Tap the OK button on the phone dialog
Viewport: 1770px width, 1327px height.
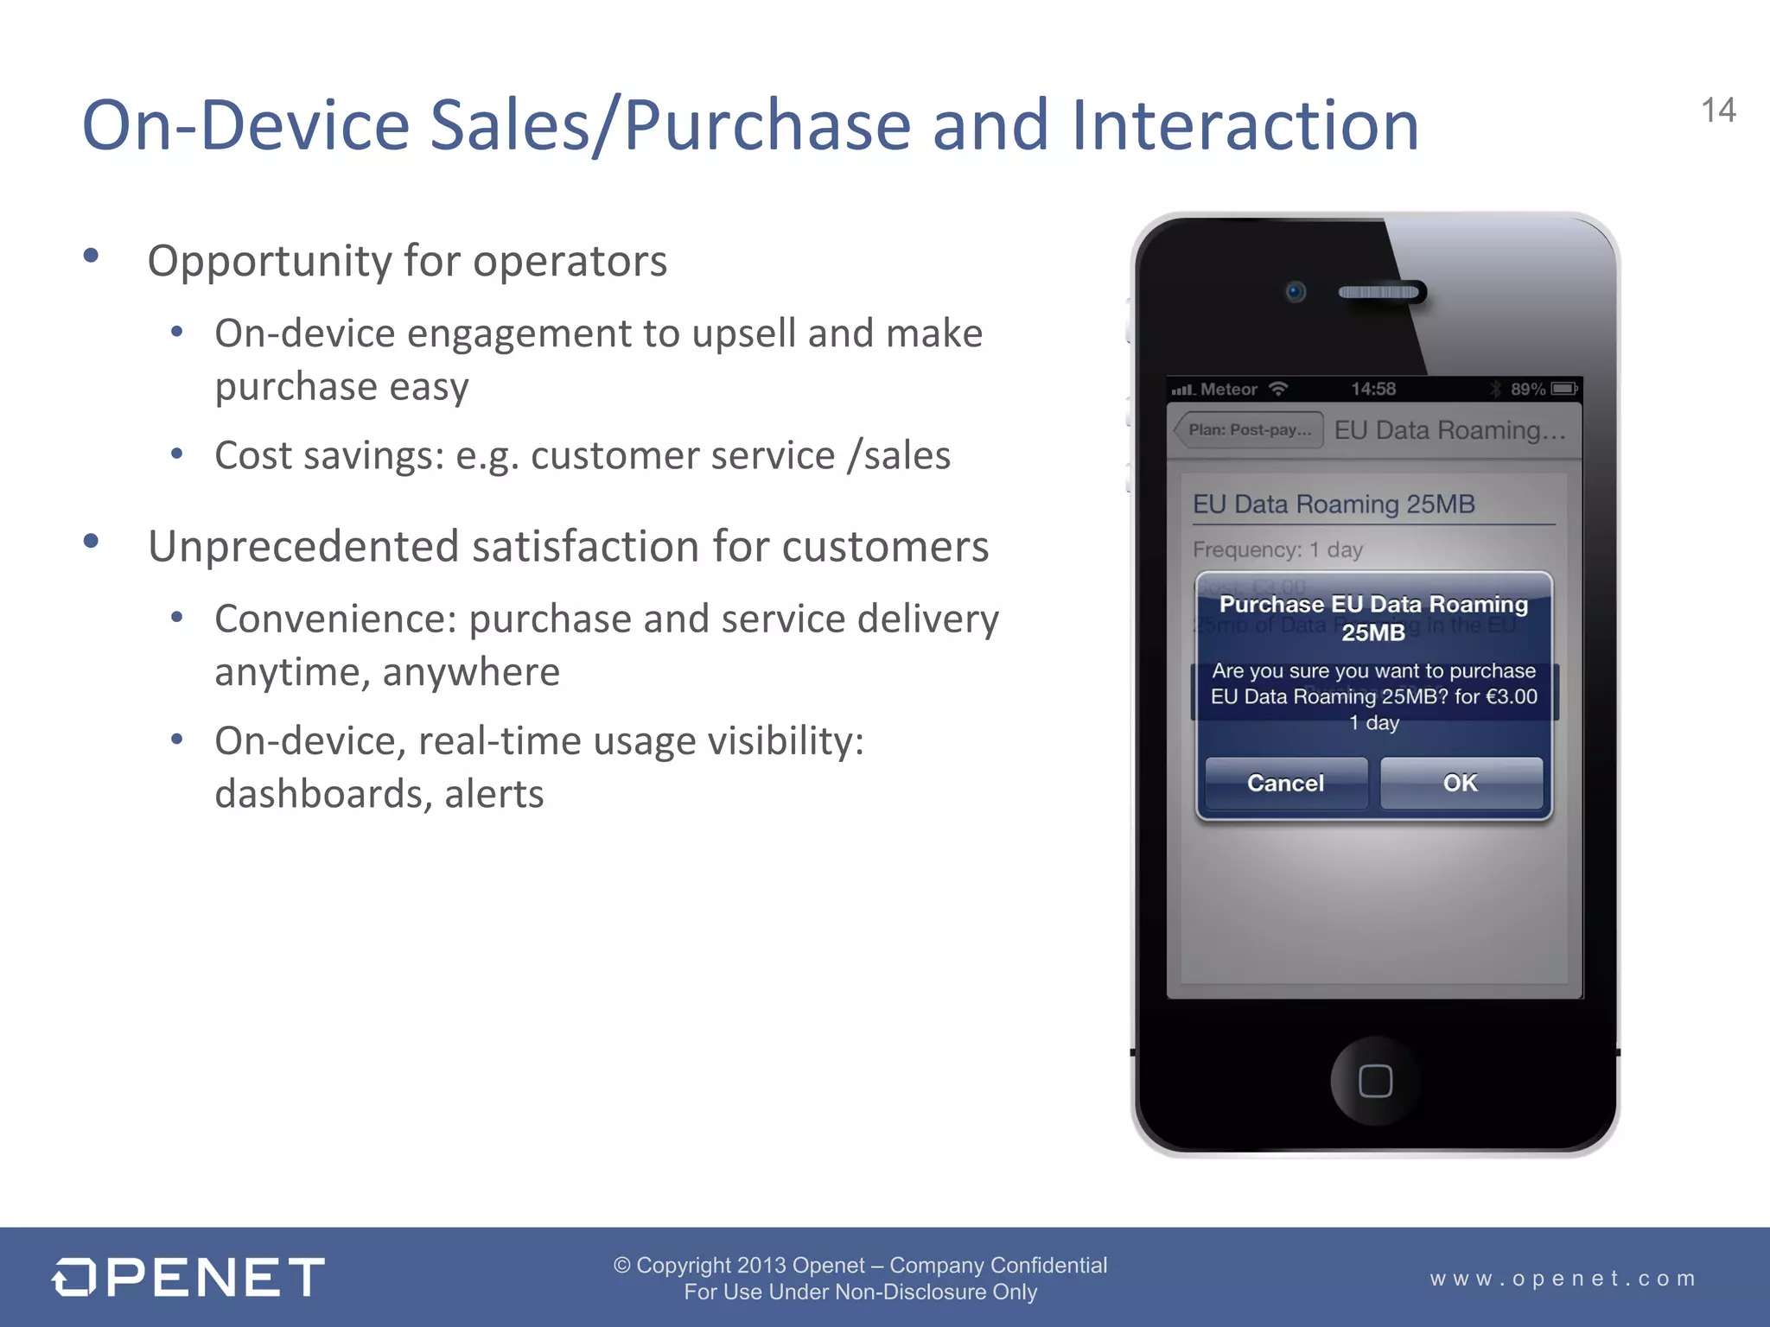click(1461, 783)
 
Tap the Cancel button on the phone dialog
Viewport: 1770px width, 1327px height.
click(1285, 783)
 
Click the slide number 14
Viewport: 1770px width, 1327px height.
click(1718, 111)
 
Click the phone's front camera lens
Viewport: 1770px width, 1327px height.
click(1295, 292)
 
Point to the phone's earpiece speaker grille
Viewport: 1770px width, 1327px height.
click(1379, 292)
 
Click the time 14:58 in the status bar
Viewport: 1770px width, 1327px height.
click(1373, 389)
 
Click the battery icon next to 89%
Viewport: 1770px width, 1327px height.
click(1563, 389)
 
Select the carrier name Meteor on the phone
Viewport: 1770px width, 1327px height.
click(1228, 390)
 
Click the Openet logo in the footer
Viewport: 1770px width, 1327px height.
click(188, 1277)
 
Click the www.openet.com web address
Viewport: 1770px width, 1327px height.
click(1563, 1278)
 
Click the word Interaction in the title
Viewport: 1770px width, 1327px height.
click(1245, 125)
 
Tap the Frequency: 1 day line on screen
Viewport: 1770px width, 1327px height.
click(1277, 549)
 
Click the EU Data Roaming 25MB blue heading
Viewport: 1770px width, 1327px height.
click(1334, 504)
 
